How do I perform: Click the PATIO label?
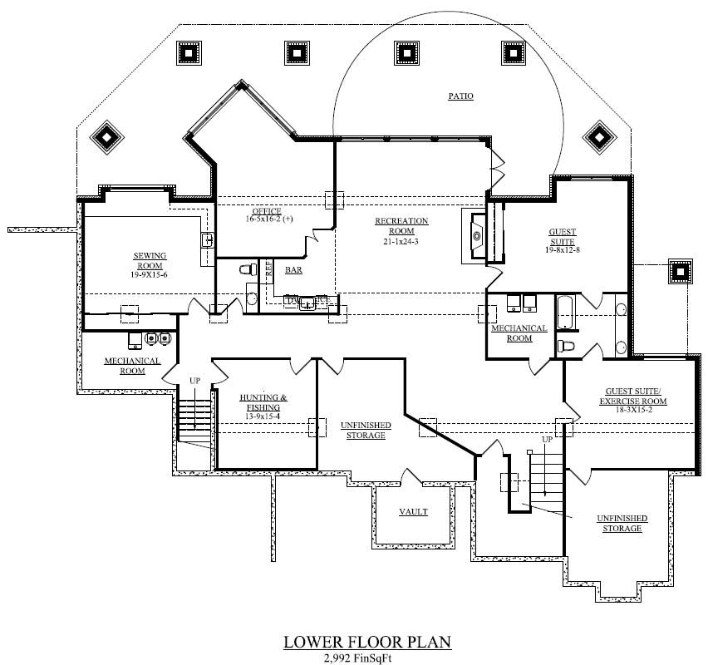461,96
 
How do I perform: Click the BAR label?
293,270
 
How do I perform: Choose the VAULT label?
413,512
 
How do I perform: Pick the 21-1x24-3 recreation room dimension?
401,241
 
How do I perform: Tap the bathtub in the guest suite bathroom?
565,313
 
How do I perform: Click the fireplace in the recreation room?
477,236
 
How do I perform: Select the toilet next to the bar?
246,269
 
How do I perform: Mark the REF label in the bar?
268,268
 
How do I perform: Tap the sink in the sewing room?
208,241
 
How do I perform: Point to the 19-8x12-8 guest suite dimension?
562,249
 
